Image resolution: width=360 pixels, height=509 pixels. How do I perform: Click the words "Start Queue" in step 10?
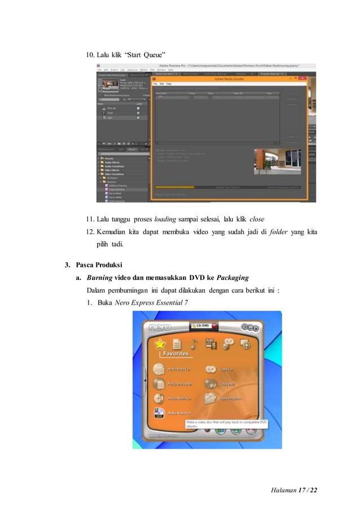(x=144, y=55)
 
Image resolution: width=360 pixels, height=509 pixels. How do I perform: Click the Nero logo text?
(x=160, y=328)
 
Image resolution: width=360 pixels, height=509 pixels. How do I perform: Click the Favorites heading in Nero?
(x=177, y=354)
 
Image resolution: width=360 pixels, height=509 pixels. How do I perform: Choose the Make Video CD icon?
(x=159, y=415)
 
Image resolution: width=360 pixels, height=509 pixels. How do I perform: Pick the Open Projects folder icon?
(x=210, y=398)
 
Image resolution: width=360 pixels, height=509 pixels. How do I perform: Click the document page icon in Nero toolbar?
(x=176, y=344)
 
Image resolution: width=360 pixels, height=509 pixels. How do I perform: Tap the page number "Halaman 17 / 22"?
(x=295, y=488)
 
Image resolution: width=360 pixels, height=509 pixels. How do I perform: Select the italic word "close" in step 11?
(x=256, y=219)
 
